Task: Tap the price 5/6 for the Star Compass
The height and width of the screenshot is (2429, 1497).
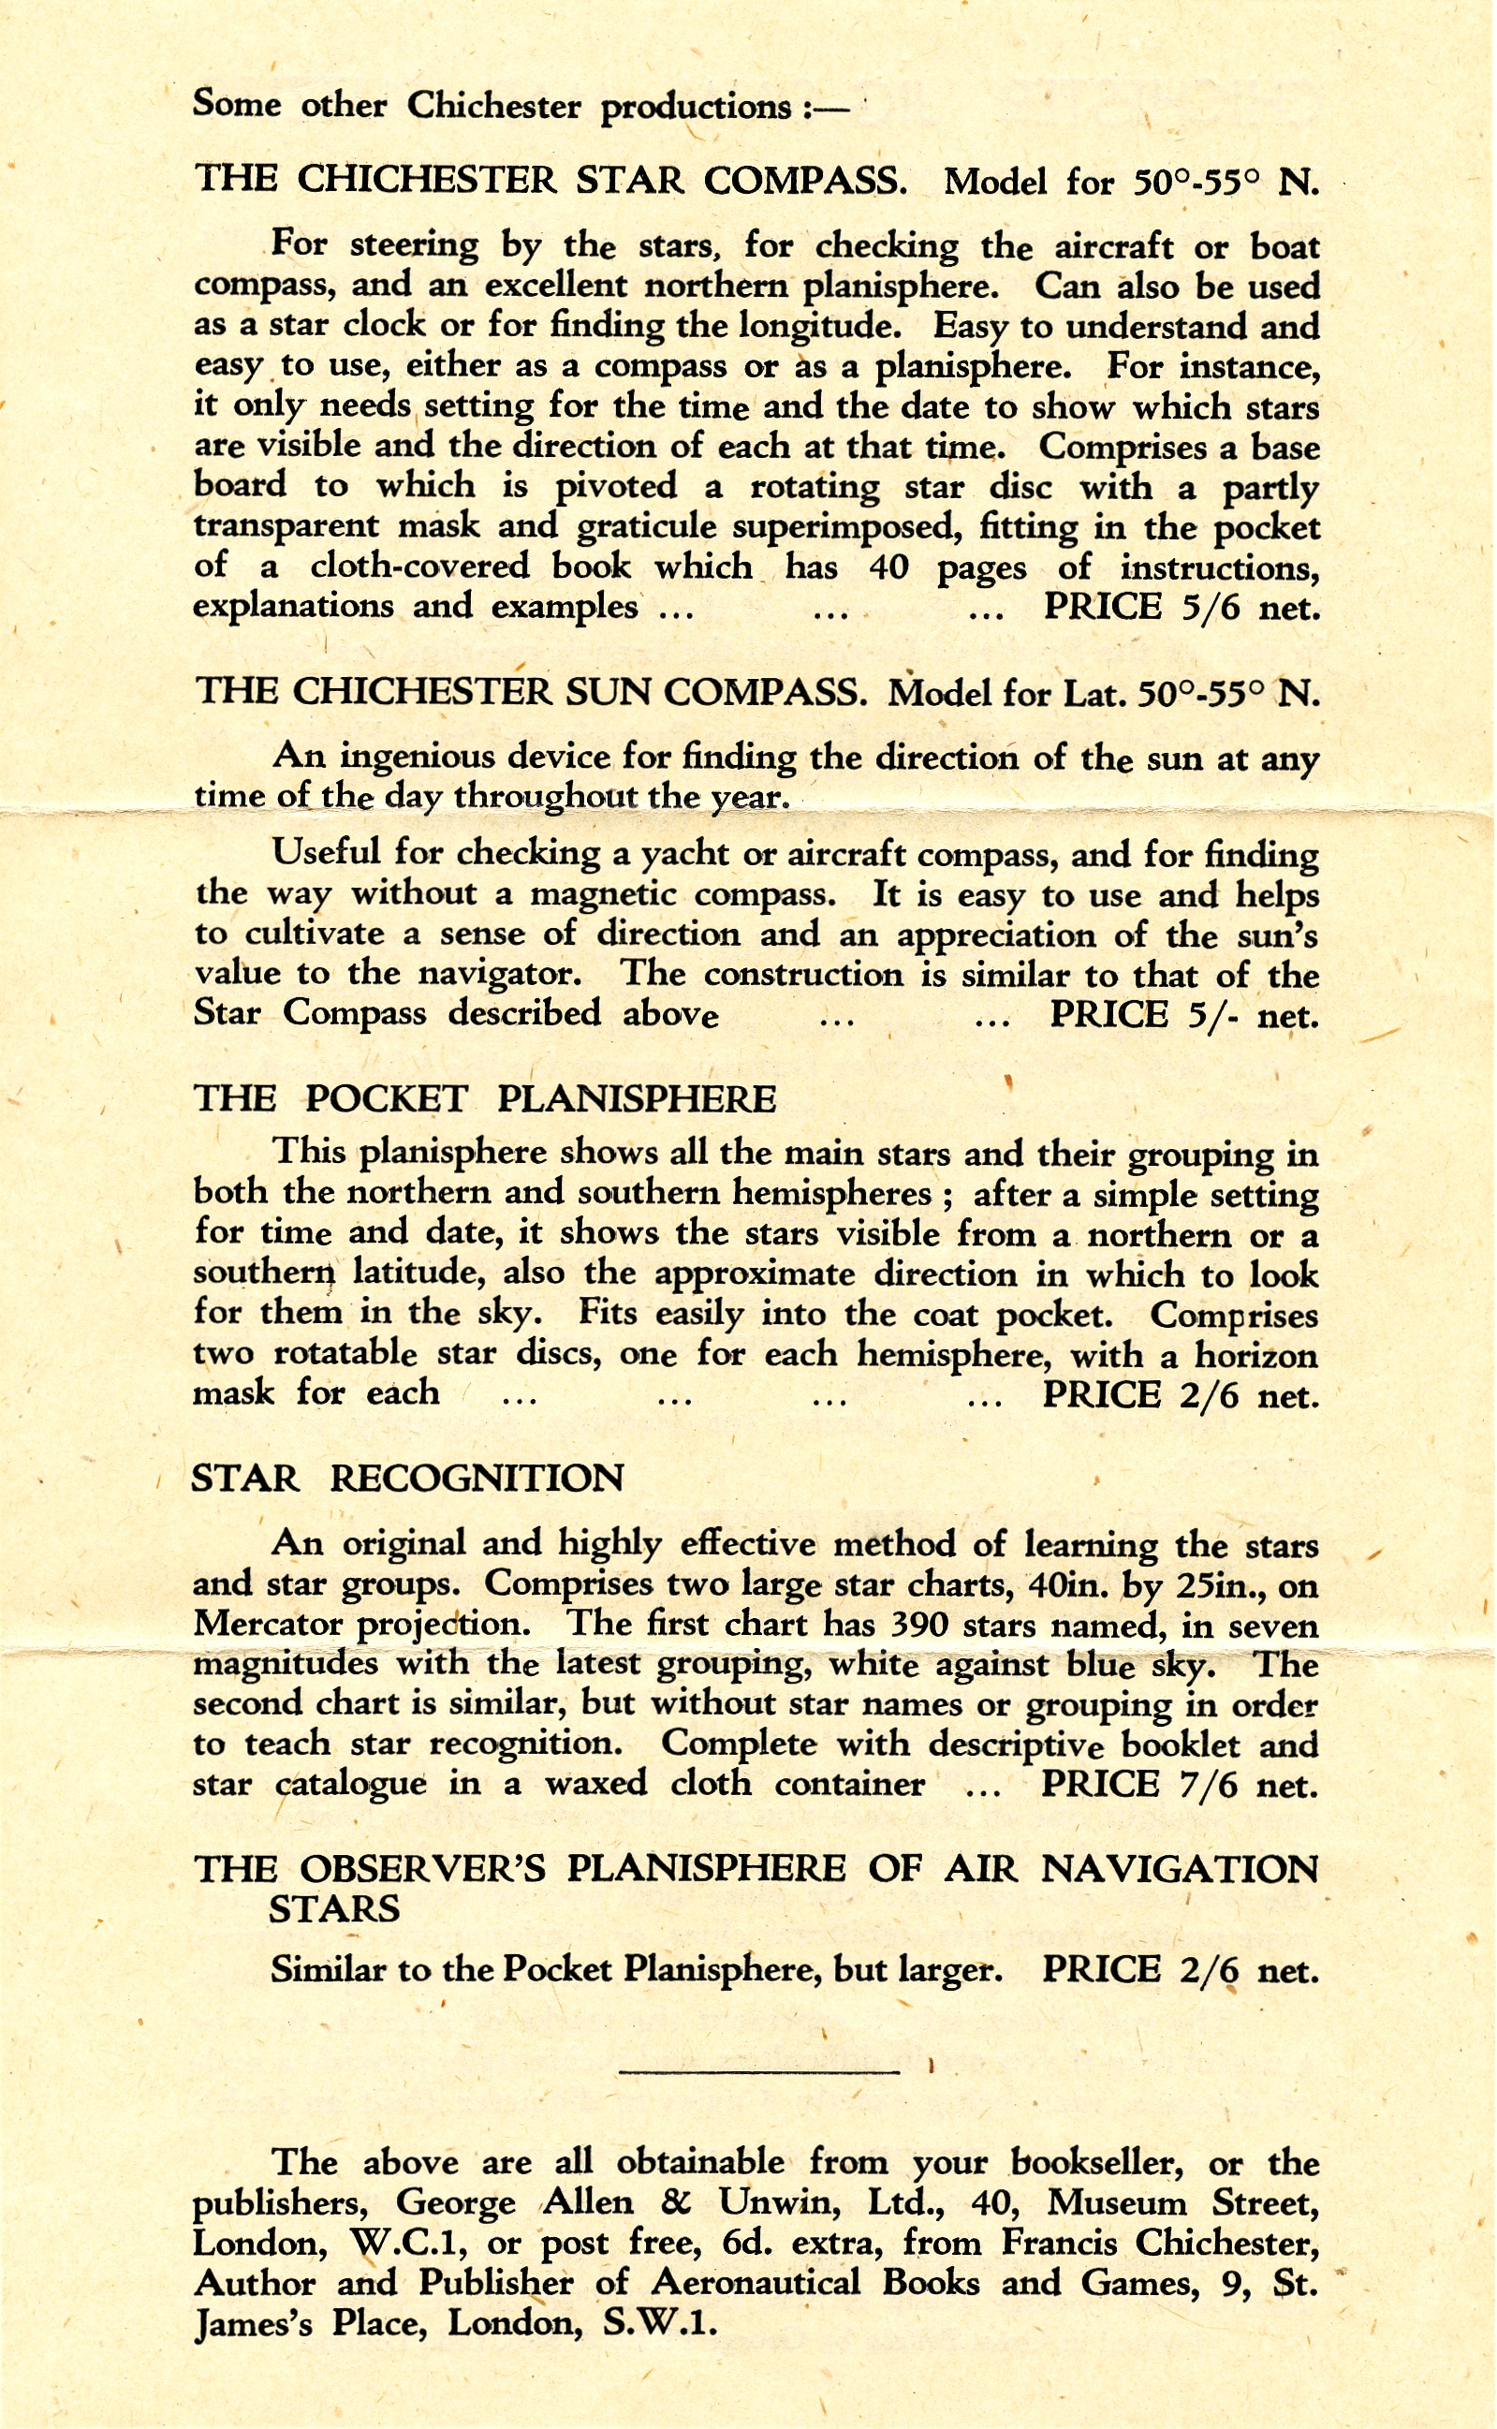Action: tap(1210, 607)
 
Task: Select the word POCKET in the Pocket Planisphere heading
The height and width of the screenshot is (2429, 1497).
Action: tap(385, 1099)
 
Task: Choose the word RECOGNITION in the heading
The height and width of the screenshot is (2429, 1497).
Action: tap(477, 1479)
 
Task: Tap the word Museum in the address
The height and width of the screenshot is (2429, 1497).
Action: tap(1117, 2202)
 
